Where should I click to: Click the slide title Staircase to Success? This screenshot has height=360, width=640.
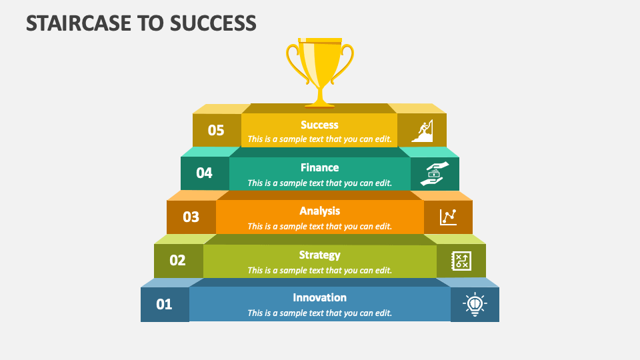coord(141,23)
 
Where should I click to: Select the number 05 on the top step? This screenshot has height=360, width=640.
coord(216,130)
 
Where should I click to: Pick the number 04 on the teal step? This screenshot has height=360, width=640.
coord(204,173)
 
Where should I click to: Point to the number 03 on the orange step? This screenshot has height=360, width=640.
coord(191,217)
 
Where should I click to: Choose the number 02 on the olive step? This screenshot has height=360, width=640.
coord(177,261)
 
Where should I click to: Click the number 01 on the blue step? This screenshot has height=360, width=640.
coord(164,305)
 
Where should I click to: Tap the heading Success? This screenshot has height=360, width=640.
coord(319,125)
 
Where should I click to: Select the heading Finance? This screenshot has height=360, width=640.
coord(319,167)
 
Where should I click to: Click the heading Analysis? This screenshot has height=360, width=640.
coord(319,211)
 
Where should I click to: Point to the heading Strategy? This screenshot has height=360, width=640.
coord(319,255)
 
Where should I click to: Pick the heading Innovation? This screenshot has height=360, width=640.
coord(319,297)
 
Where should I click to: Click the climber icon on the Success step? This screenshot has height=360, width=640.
coord(422,131)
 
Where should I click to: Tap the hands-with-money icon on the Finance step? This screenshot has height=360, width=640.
coord(435,174)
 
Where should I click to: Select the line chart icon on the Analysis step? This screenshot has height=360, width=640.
coord(448,217)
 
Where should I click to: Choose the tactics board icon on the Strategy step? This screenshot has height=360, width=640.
coord(461,261)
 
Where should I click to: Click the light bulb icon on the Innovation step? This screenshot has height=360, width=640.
coord(475,305)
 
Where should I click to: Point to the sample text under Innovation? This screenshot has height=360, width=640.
coord(319,313)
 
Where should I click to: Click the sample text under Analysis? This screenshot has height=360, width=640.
coord(319,226)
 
